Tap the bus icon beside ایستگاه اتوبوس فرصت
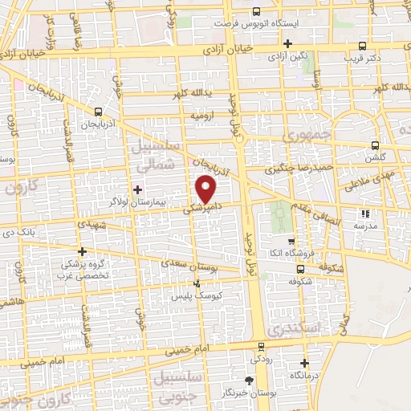point(256,11)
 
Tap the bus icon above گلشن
point(374,146)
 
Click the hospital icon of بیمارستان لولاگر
point(138,189)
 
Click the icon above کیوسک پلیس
point(198,283)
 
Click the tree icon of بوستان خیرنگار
point(248,380)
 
